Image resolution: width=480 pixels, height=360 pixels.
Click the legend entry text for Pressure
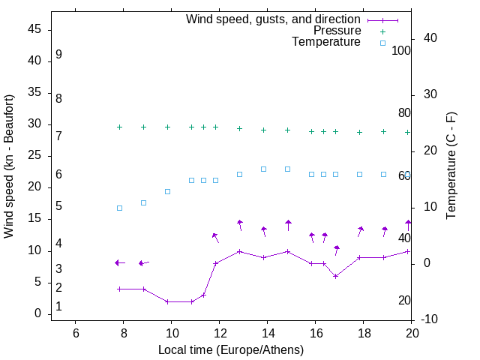point(337,31)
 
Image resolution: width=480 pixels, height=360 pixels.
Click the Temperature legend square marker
point(382,43)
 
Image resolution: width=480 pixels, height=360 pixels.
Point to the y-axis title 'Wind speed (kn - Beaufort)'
point(9,166)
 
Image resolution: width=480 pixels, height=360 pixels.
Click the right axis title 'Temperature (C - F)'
point(451,166)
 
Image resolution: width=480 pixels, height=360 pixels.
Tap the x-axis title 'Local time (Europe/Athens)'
point(231,350)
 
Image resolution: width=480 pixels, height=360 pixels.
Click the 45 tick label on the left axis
point(34,29)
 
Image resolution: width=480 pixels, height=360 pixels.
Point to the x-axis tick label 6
point(75,333)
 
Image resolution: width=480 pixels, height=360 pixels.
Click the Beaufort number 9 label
point(58,55)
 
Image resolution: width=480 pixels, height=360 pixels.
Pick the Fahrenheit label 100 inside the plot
point(401,50)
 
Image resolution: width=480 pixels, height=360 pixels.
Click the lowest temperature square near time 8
point(119,208)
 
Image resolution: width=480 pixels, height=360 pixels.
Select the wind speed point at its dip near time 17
point(335,276)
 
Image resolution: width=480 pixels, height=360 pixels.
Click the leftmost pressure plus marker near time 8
point(119,127)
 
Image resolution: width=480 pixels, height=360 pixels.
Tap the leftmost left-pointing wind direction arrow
point(118,262)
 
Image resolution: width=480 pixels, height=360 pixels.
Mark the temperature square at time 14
point(263,169)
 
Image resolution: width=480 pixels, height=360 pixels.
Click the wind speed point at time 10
point(167,301)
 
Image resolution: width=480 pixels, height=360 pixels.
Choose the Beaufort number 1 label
point(58,307)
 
